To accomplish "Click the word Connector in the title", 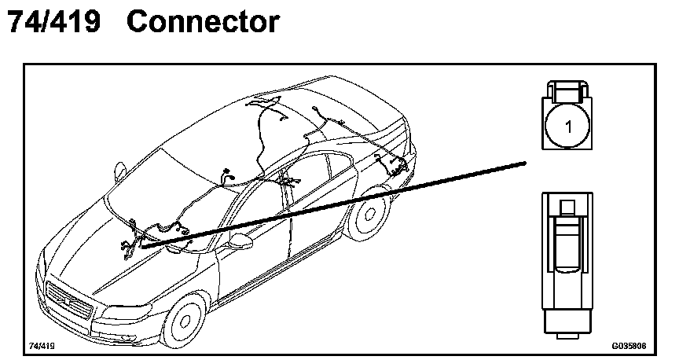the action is (x=203, y=21).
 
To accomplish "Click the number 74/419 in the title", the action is (x=54, y=21).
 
